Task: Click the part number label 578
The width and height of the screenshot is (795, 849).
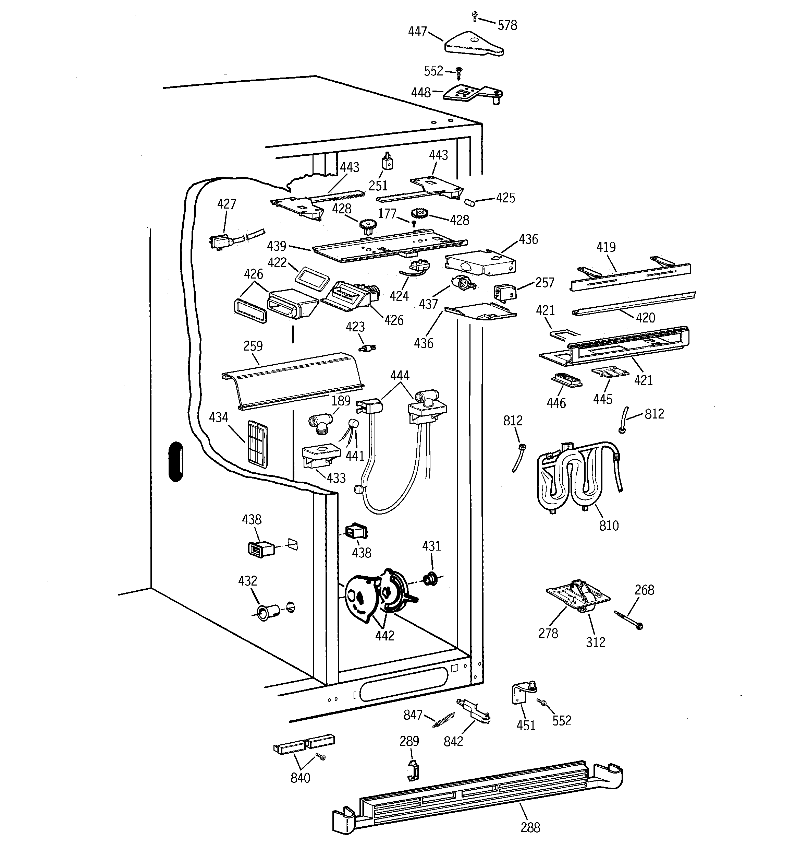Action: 507,25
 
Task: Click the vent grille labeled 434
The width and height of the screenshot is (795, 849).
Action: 257,444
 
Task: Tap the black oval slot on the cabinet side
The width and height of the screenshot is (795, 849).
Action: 176,462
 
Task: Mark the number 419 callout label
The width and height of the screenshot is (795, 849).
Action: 606,247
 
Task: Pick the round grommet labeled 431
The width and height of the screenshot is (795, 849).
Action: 431,579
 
